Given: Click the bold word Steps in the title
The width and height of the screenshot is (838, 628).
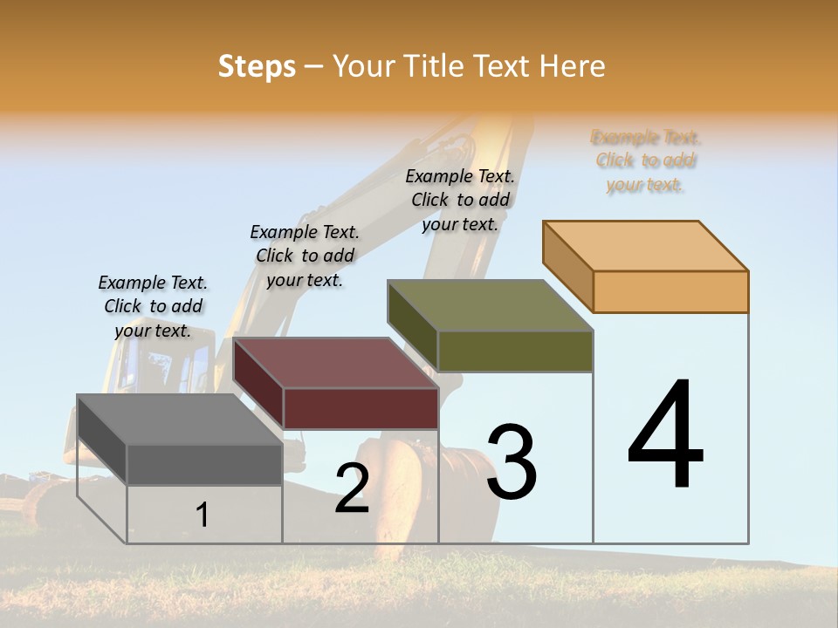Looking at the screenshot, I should pos(257,66).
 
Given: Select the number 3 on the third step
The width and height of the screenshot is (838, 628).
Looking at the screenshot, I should pos(511,462).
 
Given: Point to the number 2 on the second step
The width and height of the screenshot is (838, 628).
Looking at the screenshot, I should pos(352,488).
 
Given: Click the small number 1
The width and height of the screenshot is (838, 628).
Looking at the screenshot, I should pos(202,515).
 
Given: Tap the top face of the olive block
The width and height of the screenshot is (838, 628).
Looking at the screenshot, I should pos(490,305).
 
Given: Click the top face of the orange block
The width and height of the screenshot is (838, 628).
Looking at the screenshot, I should pos(645,246).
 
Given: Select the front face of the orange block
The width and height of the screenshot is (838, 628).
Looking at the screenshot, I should pos(670,291).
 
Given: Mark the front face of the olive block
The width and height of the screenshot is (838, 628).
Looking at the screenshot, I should pos(515,352).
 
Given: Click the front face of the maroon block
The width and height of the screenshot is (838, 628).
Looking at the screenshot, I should pos(361,408).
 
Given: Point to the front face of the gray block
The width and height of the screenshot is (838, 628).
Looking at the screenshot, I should pos(204,464).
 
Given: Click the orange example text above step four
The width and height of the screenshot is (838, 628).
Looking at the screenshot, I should pos(646,160).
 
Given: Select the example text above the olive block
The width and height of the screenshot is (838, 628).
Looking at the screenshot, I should pos(460,200).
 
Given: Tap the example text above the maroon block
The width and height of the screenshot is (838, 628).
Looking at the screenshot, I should pos(305,256).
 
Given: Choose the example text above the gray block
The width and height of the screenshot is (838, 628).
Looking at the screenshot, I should pos(153,306).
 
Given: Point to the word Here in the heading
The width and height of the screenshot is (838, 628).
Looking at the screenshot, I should pos(573,66).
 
